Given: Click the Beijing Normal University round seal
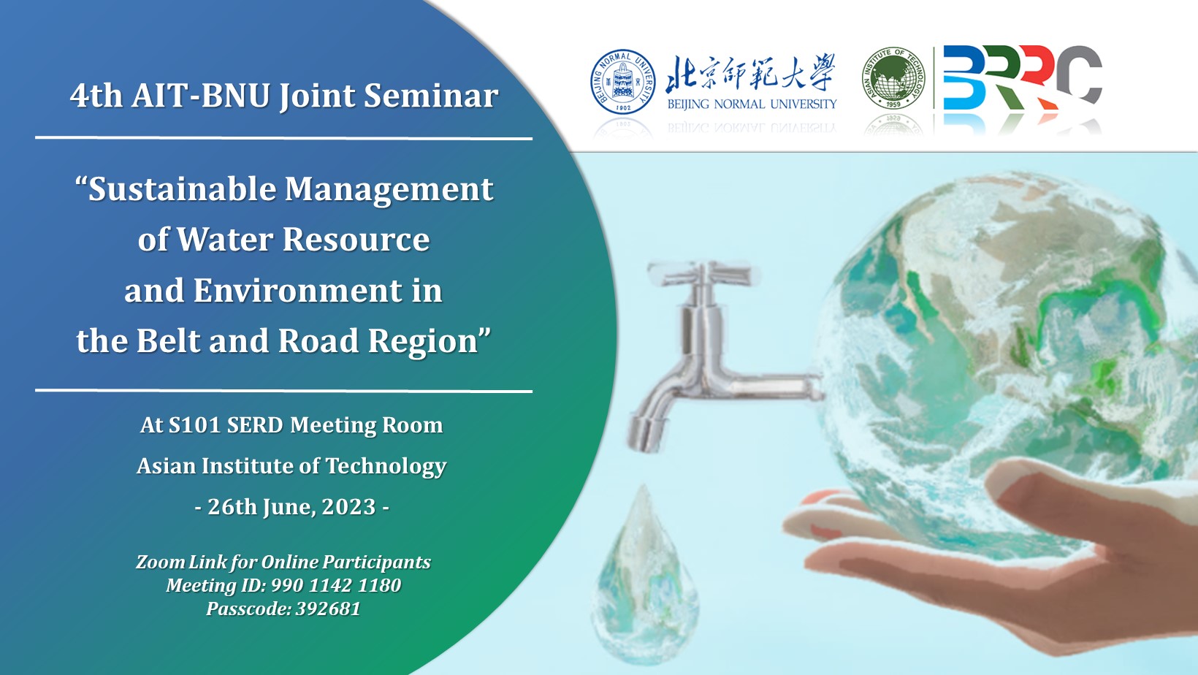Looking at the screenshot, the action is pos(622,82).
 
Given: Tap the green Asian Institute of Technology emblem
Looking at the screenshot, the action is pos(893,77).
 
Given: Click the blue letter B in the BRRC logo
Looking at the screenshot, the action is pos(964,77).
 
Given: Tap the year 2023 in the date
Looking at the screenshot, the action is pos(348,506).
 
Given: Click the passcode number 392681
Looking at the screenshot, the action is pos(329,609).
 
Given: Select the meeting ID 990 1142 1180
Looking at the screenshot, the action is pos(336,585).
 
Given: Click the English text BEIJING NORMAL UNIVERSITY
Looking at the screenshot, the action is pos(752,104).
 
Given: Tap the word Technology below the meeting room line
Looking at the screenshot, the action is pos(386,466).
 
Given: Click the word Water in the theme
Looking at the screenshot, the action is pos(225,239).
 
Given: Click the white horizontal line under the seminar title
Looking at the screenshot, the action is pos(283,138).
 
